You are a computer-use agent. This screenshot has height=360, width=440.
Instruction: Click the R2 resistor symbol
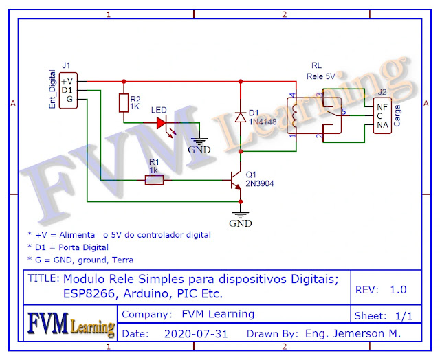(x=124, y=103)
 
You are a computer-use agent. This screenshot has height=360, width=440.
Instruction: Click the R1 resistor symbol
(x=154, y=180)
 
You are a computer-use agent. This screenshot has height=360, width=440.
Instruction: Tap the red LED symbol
(x=162, y=123)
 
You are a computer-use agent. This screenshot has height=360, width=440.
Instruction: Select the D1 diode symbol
(x=241, y=117)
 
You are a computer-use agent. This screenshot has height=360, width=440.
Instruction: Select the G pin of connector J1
(x=68, y=99)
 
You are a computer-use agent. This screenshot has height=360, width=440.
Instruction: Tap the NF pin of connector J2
(x=382, y=107)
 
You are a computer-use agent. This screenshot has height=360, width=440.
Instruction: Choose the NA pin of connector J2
(x=382, y=125)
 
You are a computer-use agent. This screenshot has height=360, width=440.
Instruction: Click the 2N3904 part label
(x=260, y=184)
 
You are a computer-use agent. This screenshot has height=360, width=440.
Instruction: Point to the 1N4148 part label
(x=263, y=122)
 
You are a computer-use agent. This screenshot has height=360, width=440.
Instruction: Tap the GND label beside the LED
(x=200, y=149)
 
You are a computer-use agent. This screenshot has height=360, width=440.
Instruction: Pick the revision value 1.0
(x=398, y=290)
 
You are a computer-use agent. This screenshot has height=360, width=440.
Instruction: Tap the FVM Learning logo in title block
(x=71, y=324)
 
